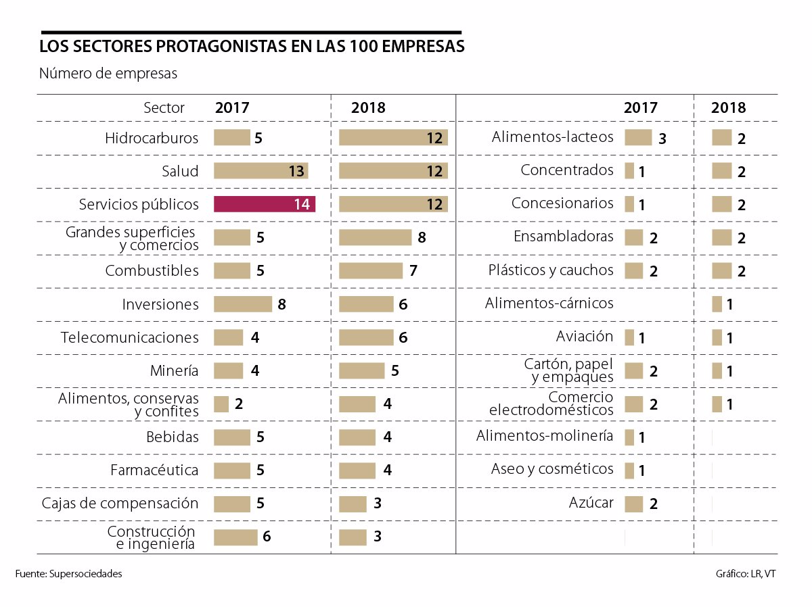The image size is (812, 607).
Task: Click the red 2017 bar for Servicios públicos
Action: [x=264, y=204]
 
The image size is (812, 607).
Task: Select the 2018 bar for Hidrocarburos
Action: [x=392, y=138]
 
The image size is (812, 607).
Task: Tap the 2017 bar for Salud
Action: [x=261, y=171]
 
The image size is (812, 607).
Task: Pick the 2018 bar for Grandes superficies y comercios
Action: [x=375, y=237]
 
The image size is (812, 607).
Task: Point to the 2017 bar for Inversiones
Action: [x=242, y=304]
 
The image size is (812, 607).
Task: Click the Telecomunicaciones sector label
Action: [x=130, y=337]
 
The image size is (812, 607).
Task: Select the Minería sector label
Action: [x=175, y=370]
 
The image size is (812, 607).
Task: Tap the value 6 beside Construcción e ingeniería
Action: [x=267, y=537]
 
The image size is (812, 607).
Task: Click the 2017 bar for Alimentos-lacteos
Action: [x=637, y=138]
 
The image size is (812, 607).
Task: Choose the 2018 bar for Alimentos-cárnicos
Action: [x=717, y=304]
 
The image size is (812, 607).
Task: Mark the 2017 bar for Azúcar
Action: [x=633, y=504]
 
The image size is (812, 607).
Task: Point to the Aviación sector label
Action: [x=585, y=337]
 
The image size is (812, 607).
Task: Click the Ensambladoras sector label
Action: [x=564, y=237]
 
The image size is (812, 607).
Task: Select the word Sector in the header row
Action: [x=164, y=107]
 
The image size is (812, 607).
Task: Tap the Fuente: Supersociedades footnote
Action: [x=68, y=574]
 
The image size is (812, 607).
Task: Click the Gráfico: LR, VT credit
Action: [x=746, y=574]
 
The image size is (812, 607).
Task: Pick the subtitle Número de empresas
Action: [x=108, y=74]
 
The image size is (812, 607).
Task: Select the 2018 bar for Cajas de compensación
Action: [x=353, y=504]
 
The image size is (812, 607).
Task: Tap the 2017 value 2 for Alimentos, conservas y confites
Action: [x=239, y=404]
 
